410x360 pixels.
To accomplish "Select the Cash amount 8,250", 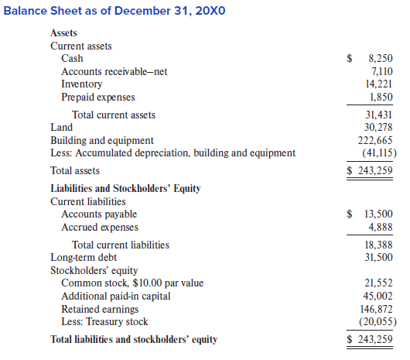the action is coord(380,58).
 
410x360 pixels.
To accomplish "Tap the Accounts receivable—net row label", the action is coord(114,71).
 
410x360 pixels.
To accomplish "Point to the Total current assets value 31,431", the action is coord(378,115).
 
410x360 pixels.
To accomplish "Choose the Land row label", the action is coord(61,127).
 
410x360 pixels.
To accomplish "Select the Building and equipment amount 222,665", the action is coord(374,140).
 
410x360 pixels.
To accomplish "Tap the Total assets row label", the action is coord(75,170).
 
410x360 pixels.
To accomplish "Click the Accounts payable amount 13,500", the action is coord(378,214).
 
